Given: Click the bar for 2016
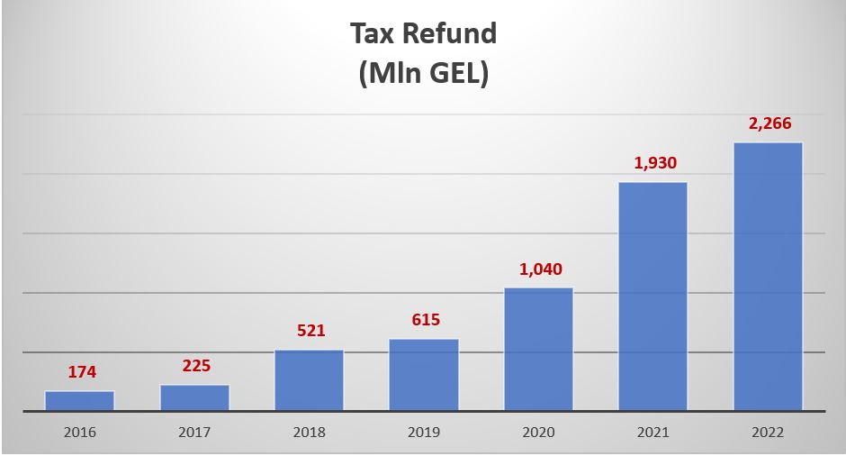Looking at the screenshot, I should [x=79, y=401].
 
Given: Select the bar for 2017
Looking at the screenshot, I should [x=194, y=397].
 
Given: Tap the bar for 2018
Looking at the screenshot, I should [x=309, y=380].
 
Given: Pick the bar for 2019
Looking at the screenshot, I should [x=424, y=375].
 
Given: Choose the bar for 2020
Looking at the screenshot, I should [x=538, y=350].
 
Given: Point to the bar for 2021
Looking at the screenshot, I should [x=653, y=296].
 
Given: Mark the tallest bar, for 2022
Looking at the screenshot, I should [x=768, y=277].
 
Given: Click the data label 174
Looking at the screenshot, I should [x=81, y=371].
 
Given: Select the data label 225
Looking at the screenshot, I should [x=195, y=365].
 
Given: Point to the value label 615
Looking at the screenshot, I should [x=425, y=320].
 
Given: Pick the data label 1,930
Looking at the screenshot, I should [x=654, y=163].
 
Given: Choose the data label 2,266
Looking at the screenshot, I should [x=769, y=123].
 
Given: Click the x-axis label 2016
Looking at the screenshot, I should [x=79, y=433].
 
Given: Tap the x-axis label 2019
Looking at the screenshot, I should [x=424, y=433].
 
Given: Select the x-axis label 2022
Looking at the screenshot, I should [x=768, y=433].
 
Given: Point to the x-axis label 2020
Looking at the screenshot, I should [x=538, y=433].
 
